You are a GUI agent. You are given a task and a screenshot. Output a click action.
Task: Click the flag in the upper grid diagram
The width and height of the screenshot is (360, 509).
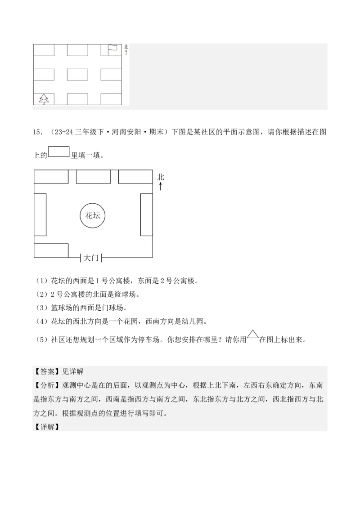click(x=112, y=49)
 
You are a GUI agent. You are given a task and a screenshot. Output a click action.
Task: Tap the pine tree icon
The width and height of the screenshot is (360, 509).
click(x=44, y=99)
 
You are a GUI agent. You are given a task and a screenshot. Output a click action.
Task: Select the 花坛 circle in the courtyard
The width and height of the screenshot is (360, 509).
click(x=93, y=215)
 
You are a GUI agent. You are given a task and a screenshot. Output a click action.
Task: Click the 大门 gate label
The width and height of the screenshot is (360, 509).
click(x=91, y=258)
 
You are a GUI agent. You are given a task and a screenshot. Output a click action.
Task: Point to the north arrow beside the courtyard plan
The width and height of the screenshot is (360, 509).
click(x=161, y=186)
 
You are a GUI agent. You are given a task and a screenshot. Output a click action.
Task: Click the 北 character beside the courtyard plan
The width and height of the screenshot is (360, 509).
click(x=161, y=177)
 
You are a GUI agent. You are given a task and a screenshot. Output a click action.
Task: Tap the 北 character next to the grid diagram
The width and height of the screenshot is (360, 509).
click(x=126, y=46)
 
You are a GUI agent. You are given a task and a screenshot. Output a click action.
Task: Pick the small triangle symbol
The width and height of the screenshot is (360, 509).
click(x=252, y=334)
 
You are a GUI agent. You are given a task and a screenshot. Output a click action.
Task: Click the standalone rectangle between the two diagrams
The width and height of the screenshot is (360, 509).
click(x=59, y=152)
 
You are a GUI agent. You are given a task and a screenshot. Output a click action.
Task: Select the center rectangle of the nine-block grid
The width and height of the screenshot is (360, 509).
click(x=77, y=74)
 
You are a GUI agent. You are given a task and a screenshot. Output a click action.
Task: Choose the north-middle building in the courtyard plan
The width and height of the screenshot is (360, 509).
click(x=93, y=177)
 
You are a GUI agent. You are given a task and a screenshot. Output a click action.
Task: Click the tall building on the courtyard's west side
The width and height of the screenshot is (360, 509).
click(x=40, y=214)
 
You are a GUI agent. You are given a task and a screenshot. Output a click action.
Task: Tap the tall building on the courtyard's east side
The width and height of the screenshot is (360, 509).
click(x=147, y=214)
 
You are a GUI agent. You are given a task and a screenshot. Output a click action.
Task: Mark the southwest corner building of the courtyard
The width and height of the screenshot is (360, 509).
click(x=51, y=250)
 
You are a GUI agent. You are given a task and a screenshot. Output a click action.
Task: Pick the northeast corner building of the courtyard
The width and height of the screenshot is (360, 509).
click(x=135, y=177)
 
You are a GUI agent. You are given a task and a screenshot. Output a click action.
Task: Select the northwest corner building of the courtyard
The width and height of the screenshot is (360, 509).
click(x=51, y=177)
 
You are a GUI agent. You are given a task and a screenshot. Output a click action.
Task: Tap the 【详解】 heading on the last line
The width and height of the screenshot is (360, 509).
click(x=47, y=427)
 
